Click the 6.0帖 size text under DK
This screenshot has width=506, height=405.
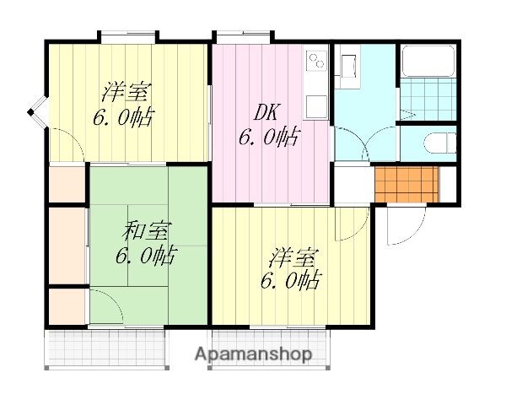click(268, 137)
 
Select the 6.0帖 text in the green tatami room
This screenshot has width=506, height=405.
click(145, 255)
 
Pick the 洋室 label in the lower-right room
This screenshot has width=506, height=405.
click(293, 255)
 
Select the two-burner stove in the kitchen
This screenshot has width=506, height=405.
click(316, 61)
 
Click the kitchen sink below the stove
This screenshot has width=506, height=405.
click(316, 106)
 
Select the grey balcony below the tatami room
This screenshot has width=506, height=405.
click(104, 348)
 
